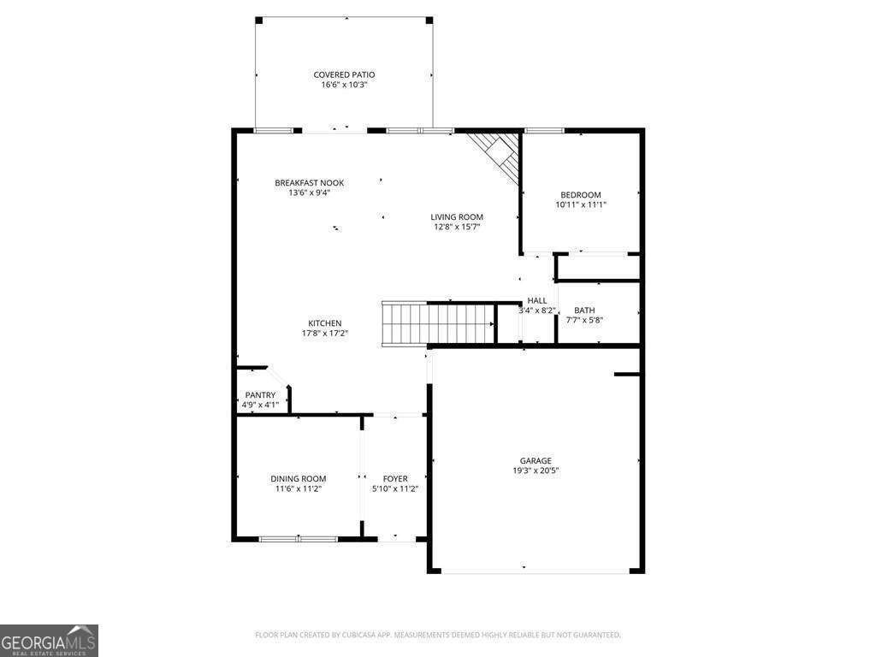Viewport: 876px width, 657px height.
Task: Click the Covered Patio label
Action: coord(344,74)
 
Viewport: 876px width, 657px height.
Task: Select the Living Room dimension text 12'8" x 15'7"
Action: coord(457,227)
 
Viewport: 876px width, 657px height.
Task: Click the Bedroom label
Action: coord(581,194)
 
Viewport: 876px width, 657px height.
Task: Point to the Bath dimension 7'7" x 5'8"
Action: coord(585,320)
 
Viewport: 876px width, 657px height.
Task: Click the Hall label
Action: coord(537,300)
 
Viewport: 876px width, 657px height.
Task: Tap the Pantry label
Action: coord(260,394)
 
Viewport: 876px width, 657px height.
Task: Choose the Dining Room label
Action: coord(299,478)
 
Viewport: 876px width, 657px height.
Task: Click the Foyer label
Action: coord(395,478)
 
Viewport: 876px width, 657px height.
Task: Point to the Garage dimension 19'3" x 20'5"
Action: coord(536,471)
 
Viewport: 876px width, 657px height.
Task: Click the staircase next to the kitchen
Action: coord(438,323)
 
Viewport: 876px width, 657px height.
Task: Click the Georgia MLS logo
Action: coord(49,640)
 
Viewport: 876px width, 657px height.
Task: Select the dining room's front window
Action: coord(299,539)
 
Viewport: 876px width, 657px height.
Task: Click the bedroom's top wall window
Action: coord(544,130)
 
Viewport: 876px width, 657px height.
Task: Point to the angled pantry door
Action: coord(279,377)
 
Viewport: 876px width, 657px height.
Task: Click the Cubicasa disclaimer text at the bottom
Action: coord(438,635)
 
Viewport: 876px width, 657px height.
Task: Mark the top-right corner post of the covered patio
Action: coord(429,20)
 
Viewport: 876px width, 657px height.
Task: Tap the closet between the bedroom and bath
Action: coord(598,267)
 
